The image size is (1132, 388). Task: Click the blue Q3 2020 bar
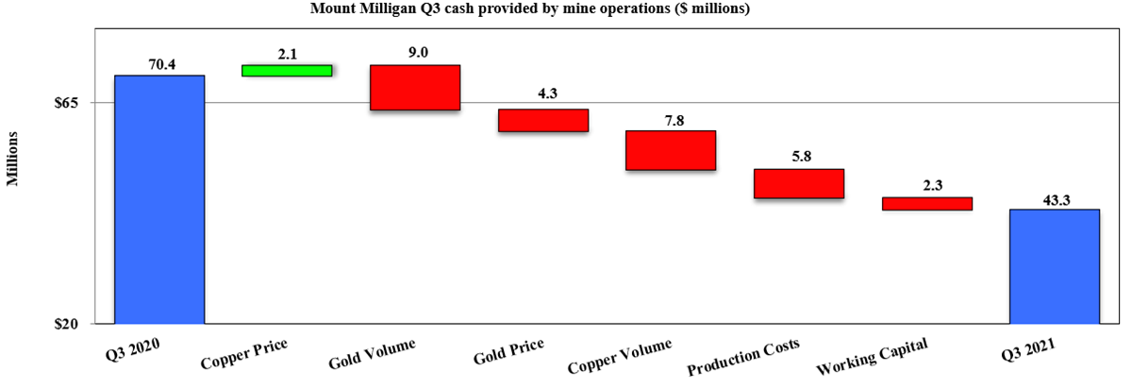159,198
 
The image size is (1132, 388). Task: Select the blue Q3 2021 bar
1054,266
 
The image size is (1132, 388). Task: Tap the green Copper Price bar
287,71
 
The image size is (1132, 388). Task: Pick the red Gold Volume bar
415,88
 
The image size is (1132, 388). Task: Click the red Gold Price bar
543,120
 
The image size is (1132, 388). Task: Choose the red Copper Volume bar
671,150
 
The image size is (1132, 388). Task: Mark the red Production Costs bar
798,184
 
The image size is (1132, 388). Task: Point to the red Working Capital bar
926,204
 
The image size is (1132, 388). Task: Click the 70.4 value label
159,64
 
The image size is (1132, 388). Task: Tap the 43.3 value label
1054,198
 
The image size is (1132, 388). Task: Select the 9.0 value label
415,53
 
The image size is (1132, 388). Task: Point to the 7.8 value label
671,120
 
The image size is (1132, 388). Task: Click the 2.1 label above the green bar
287,54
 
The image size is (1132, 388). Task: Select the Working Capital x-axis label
873,354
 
